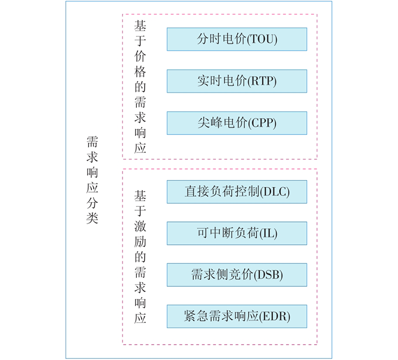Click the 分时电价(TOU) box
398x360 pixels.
(x=237, y=39)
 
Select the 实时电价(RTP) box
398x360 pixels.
(x=237, y=81)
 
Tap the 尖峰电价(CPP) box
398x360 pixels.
(x=237, y=123)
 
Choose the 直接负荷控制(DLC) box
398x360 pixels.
(x=237, y=192)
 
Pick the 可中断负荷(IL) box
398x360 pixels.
(x=237, y=233)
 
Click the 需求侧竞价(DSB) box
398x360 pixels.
(x=237, y=275)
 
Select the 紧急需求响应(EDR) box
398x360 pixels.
(x=237, y=316)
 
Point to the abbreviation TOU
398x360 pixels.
(x=262, y=39)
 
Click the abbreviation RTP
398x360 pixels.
(x=262, y=81)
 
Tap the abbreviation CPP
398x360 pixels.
(x=262, y=123)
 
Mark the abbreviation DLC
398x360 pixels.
(x=275, y=192)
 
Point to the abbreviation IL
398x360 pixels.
(x=269, y=234)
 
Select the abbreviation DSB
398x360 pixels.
(x=269, y=275)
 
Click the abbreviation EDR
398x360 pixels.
(x=275, y=316)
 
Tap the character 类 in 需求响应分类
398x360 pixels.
(x=92, y=218)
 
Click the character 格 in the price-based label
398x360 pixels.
(x=140, y=72)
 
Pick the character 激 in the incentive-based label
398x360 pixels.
(x=140, y=226)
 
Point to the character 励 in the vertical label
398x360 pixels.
(x=140, y=242)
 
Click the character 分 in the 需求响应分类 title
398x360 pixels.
(x=92, y=203)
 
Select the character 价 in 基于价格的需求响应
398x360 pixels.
(x=140, y=56)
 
